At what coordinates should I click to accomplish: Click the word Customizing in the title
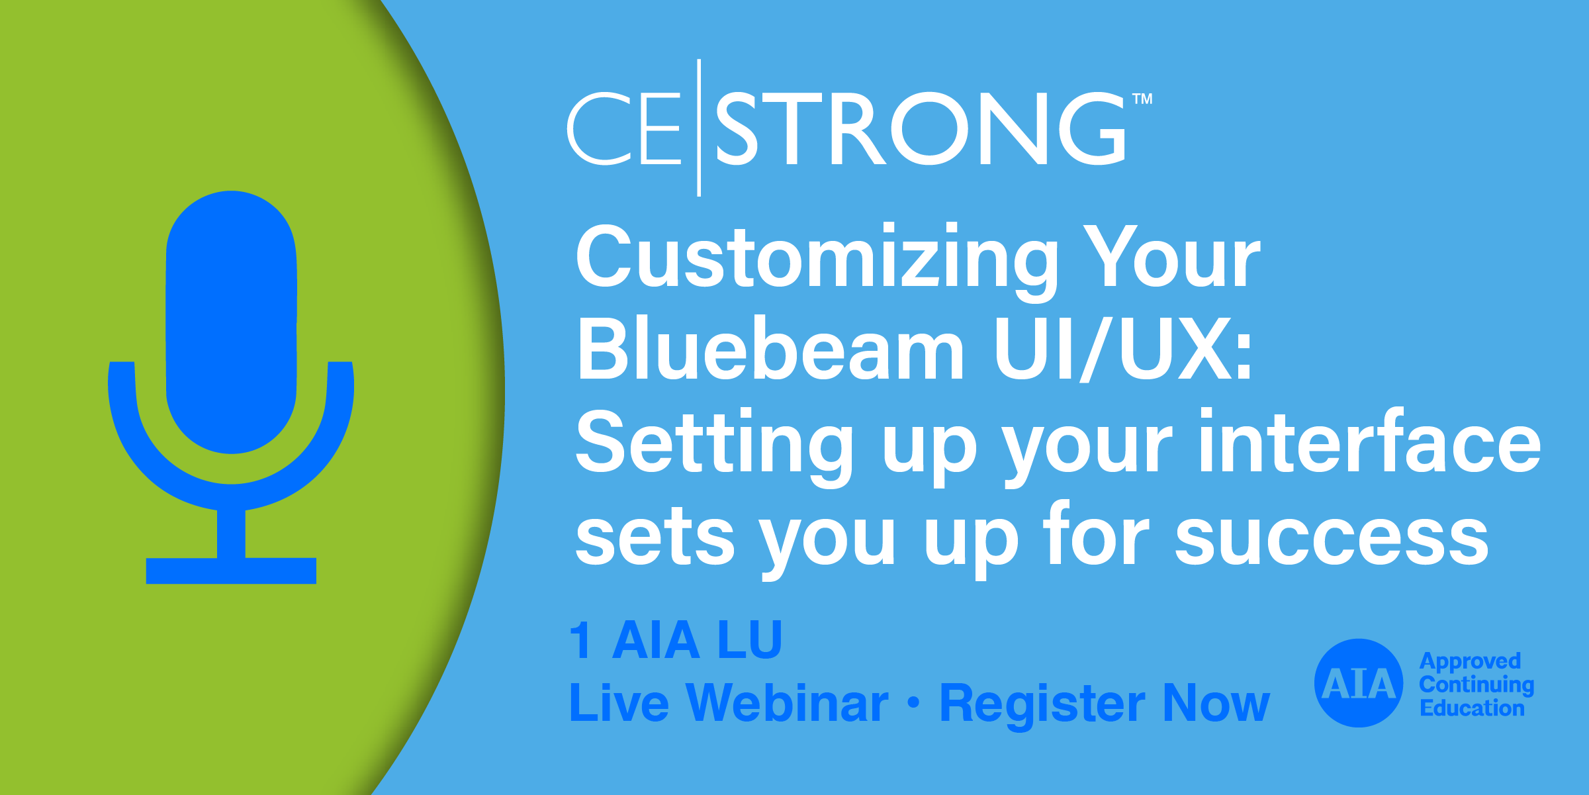click(817, 261)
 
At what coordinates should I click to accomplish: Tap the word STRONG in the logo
click(920, 128)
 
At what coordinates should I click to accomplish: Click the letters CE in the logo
click(624, 128)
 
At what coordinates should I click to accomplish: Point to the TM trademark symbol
click(1142, 99)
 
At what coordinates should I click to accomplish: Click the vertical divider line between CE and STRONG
click(699, 128)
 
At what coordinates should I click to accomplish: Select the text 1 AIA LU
click(676, 640)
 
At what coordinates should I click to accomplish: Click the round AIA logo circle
click(1359, 683)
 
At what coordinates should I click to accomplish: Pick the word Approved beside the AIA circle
click(1470, 662)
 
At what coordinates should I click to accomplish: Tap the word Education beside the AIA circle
click(1472, 708)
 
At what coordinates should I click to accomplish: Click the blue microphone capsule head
click(231, 322)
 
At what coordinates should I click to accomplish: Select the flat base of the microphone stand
click(231, 571)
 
